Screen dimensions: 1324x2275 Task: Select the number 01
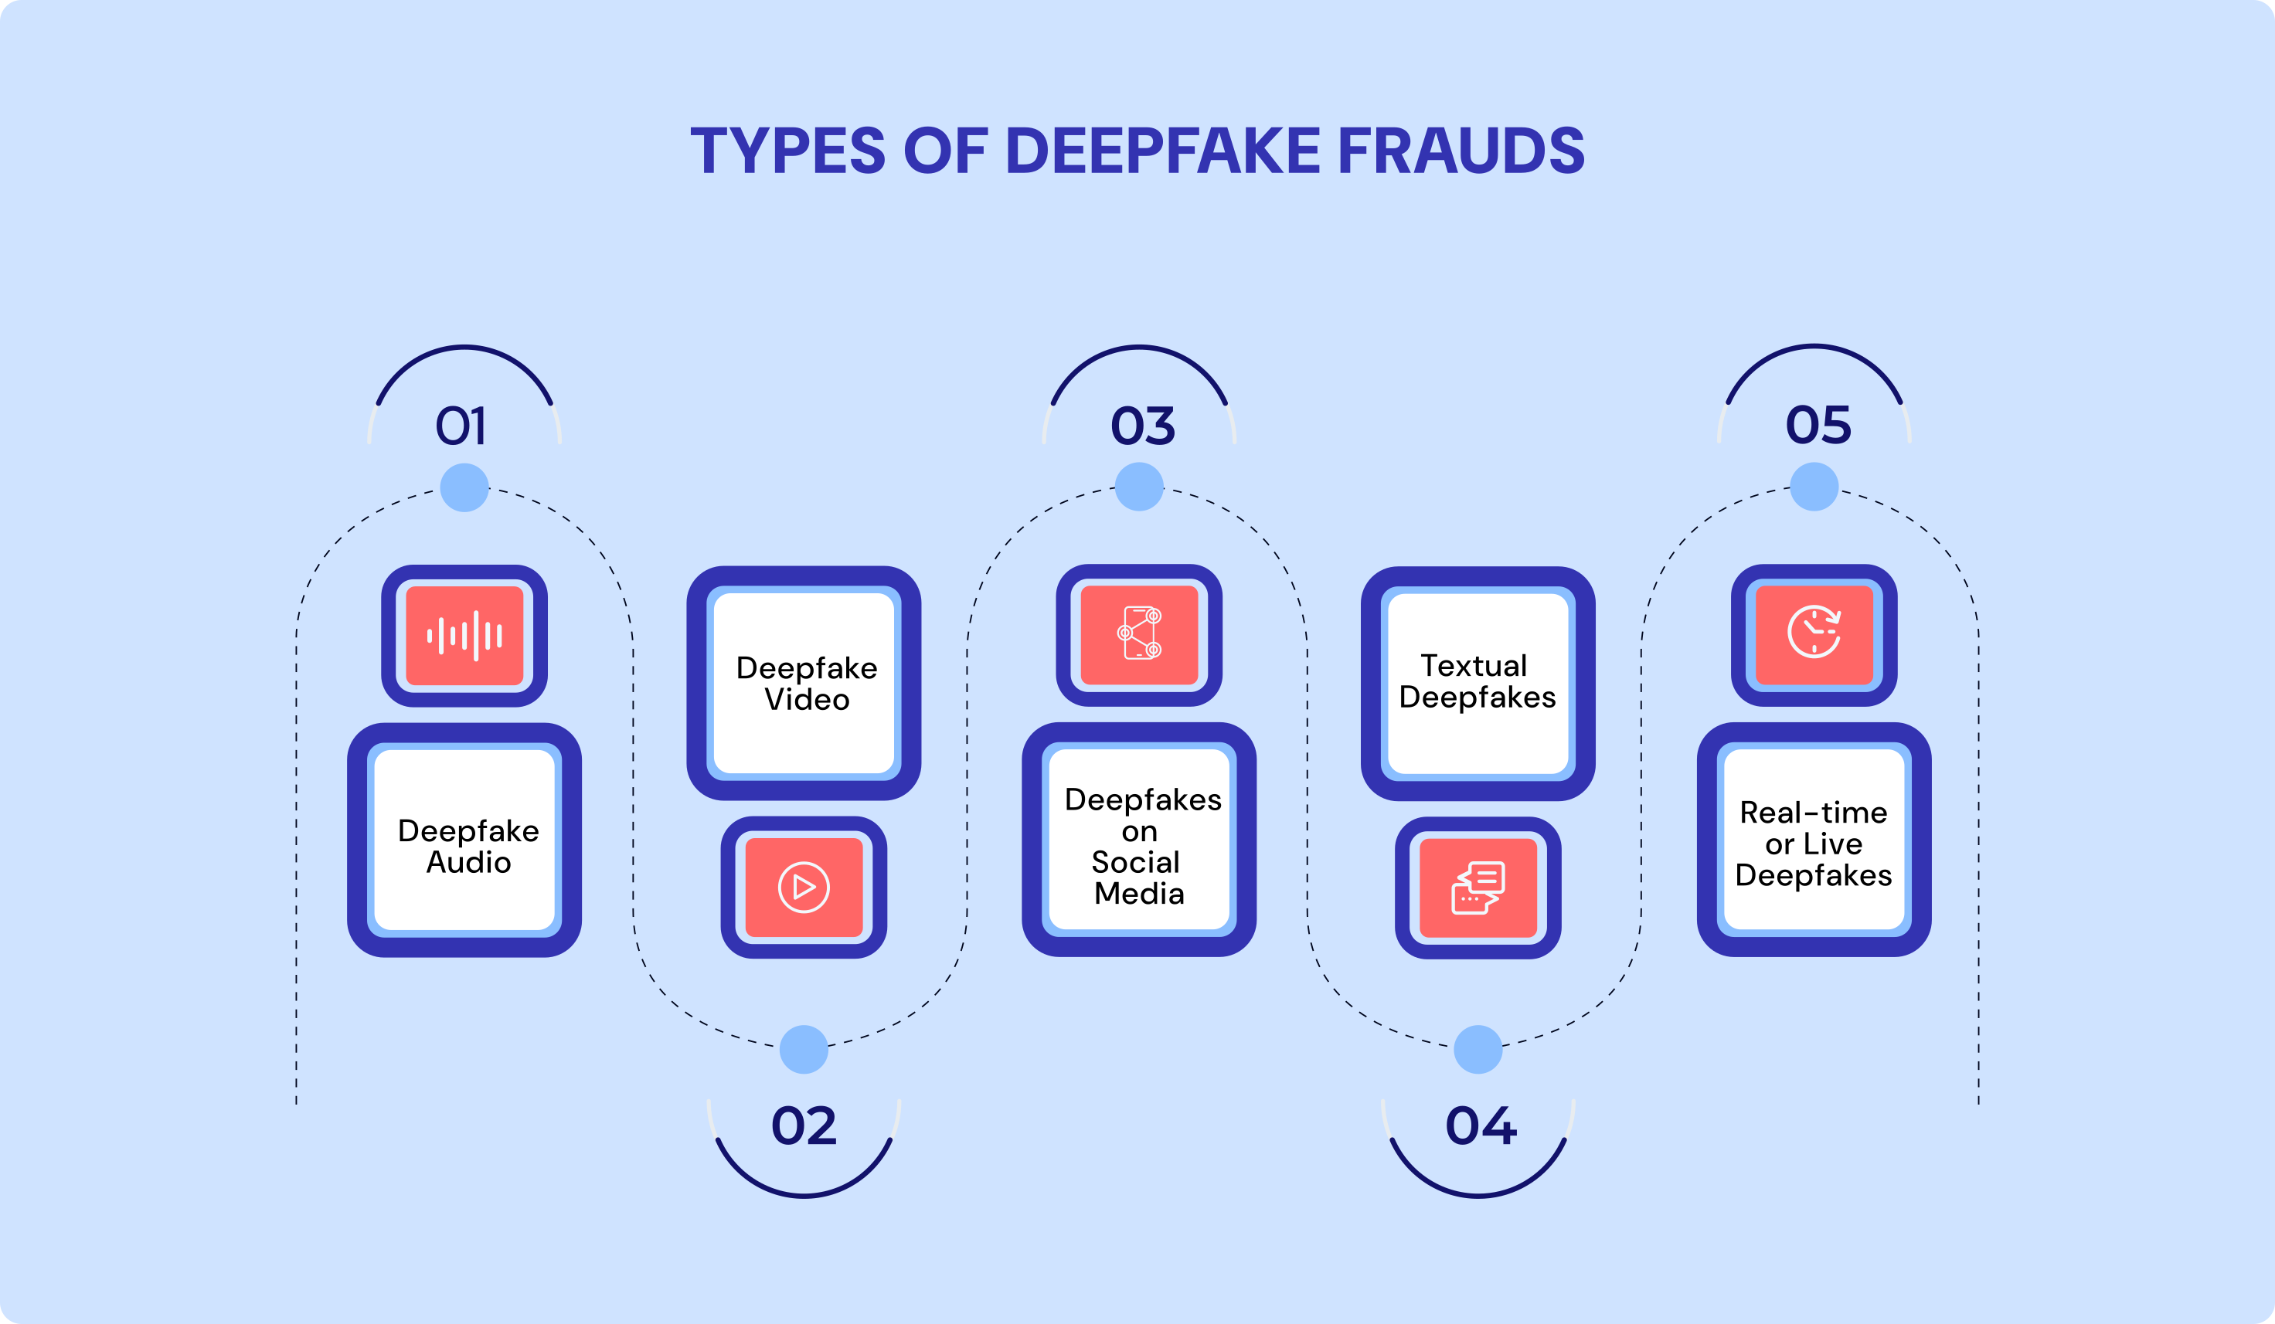pos(461,426)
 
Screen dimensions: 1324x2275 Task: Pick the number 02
pos(804,1126)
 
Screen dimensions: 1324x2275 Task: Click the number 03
pos(1142,425)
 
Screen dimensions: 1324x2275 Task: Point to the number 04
pos(1481,1126)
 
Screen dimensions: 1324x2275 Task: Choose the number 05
pos(1818,424)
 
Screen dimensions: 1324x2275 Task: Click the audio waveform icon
pos(464,636)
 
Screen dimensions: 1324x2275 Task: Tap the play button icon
pos(804,888)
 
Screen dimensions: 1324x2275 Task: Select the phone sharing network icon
pos(1139,633)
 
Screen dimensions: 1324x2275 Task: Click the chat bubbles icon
pos(1478,888)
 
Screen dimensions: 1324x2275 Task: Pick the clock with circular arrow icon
pos(1814,632)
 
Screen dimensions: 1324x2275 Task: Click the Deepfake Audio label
pos(468,846)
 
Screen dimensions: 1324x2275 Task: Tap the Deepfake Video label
pos(806,683)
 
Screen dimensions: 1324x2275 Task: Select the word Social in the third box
pos(1136,862)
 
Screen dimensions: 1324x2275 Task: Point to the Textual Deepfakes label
pos(1477,681)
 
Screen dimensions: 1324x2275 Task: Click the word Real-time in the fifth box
pos(1813,813)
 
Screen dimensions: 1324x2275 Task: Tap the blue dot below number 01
pos(464,487)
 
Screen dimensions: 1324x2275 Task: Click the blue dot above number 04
pos(1478,1049)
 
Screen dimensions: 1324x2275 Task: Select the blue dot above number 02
pos(804,1049)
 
